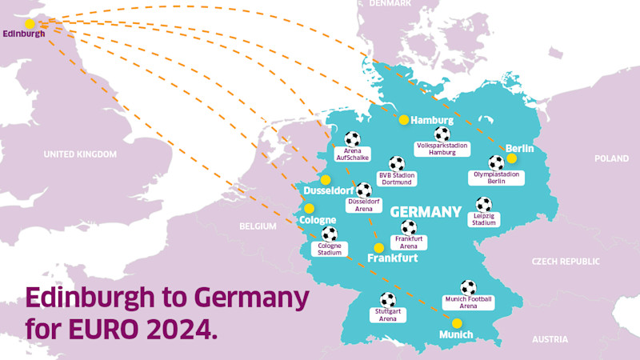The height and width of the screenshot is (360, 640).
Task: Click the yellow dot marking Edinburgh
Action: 30,24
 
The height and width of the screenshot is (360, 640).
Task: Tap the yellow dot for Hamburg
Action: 404,119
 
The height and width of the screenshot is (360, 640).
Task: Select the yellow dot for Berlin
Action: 511,158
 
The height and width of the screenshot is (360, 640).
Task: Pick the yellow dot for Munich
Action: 457,323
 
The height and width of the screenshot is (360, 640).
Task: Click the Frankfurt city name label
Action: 392,258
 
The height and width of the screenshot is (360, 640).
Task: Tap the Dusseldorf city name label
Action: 329,192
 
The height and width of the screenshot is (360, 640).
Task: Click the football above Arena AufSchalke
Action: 352,139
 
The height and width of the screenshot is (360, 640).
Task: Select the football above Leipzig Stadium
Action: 484,204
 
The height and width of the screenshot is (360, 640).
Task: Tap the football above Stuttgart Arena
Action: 388,299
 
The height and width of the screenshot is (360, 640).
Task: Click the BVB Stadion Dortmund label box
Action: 397,178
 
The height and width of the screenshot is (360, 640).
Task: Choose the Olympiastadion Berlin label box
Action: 497,177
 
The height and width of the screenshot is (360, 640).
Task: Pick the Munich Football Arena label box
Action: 469,302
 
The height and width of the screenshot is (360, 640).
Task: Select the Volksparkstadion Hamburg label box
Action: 442,149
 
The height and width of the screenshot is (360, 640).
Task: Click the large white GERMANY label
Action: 426,212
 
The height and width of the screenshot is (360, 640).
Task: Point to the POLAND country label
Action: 611,159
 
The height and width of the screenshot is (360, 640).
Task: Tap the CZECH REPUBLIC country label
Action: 566,262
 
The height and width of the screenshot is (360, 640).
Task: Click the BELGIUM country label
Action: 257,226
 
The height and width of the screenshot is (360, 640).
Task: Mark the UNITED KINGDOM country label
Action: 80,154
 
